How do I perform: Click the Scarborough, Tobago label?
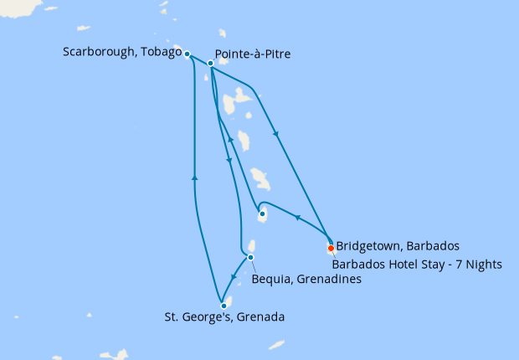point(122,52)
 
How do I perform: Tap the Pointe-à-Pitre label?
point(253,56)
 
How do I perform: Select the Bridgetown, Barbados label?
point(398,246)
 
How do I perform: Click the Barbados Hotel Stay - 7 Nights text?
point(416,265)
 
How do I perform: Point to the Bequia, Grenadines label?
point(306,279)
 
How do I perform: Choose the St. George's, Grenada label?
point(224,317)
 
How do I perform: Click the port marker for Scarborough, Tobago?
point(188,54)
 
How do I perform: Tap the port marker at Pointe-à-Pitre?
point(211,63)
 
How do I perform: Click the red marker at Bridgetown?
point(331,248)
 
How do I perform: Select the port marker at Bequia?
point(250,257)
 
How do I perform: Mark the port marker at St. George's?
point(224,306)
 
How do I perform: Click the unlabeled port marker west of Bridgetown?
point(262,214)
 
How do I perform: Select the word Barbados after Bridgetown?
point(429,246)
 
